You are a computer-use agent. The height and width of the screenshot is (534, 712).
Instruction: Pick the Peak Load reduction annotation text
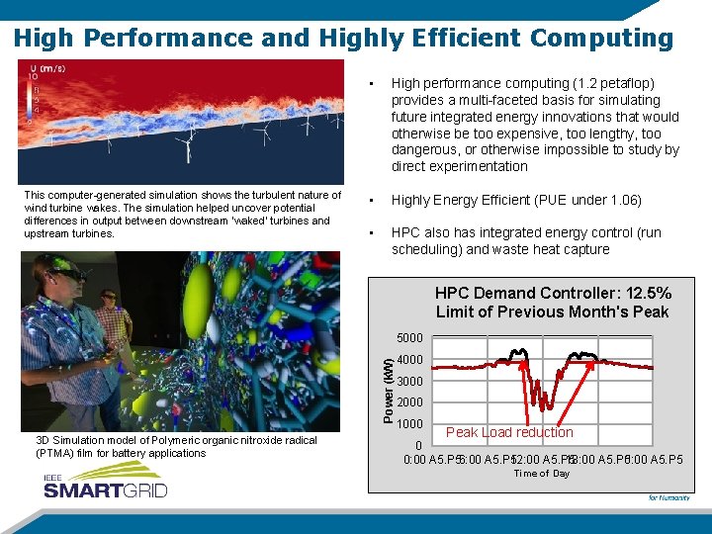coord(509,432)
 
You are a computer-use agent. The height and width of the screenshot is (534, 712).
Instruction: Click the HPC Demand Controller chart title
coord(553,302)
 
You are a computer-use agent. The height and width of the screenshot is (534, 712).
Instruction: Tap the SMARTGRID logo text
coord(105,489)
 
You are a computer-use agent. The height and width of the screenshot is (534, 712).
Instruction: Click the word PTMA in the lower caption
coord(51,453)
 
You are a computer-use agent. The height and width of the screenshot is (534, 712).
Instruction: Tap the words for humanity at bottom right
coord(668,497)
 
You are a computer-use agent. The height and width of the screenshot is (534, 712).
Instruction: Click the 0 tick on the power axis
coord(418,445)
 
